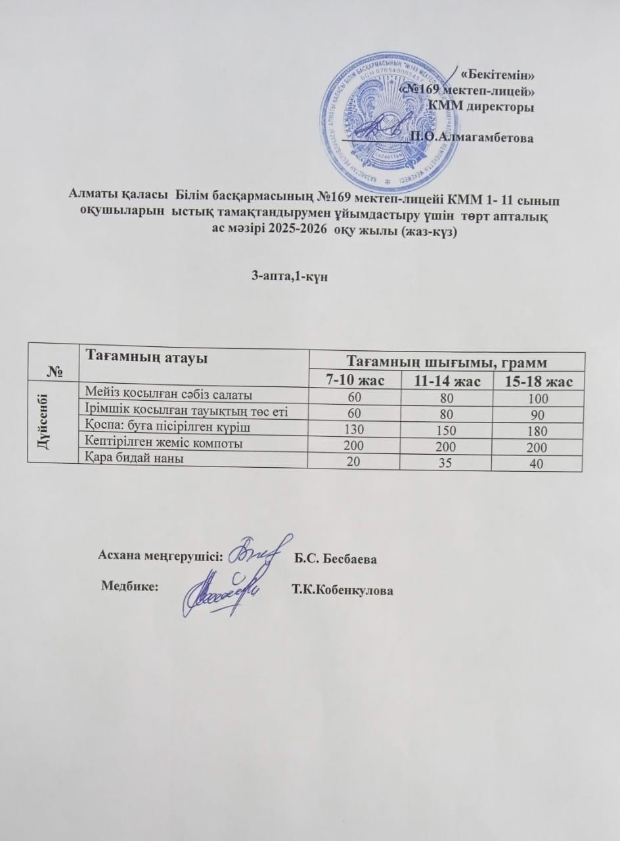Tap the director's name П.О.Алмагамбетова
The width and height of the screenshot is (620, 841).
click(x=472, y=137)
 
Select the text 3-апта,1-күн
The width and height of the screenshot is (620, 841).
click(x=290, y=277)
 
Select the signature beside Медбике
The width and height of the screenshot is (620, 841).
click(x=222, y=591)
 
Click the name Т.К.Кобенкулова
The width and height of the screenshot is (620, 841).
click(x=342, y=591)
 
